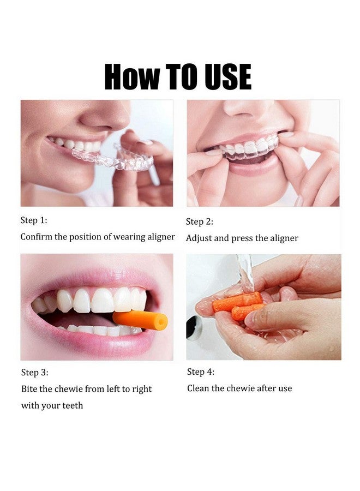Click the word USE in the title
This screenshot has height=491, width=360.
coord(228,77)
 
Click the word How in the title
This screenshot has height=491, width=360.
coord(126,77)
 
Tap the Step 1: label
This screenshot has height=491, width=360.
coord(34,220)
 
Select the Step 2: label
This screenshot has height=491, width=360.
coord(200,221)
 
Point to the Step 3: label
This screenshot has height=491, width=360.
coord(34,373)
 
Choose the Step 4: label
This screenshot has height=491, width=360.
coord(201,372)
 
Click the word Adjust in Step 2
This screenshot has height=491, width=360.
coord(199,238)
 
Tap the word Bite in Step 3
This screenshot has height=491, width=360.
coord(29,389)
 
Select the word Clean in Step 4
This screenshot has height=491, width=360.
coord(199,388)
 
